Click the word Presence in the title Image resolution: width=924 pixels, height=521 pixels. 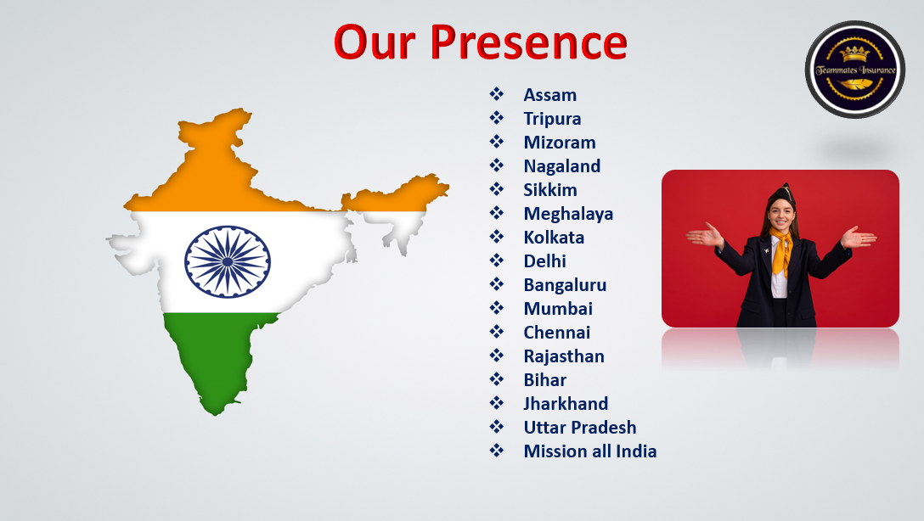tap(528, 42)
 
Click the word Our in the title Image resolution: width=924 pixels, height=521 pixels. tap(375, 42)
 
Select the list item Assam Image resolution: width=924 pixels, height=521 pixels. tap(549, 95)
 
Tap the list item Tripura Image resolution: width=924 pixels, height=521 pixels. tap(552, 119)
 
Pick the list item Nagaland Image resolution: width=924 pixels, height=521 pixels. tap(562, 166)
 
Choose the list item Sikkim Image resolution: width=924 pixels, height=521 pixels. tap(549, 189)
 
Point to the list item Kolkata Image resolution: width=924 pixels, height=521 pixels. tap(554, 238)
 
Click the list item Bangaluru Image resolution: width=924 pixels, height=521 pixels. tap(565, 285)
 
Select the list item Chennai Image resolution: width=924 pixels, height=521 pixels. tap(557, 333)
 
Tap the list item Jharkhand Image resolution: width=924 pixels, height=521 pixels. tap(566, 403)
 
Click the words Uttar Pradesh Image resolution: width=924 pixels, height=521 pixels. tap(580, 428)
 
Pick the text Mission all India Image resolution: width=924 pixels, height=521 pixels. tap(590, 451)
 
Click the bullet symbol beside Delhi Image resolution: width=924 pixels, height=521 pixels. tap(497, 260)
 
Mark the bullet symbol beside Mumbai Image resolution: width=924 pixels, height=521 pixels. tap(497, 308)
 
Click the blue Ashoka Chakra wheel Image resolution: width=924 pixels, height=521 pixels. tap(228, 261)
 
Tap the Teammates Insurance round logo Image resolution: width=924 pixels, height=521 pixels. tap(855, 70)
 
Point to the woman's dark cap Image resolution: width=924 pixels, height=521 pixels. tap(782, 193)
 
